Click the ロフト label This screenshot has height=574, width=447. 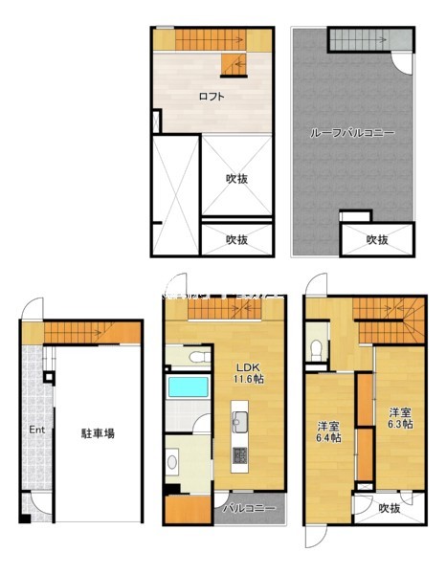(212, 96)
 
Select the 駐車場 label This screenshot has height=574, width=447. (98, 433)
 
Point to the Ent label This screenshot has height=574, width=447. (36, 430)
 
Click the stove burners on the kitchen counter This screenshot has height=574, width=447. (240, 454)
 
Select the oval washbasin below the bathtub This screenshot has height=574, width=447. (172, 462)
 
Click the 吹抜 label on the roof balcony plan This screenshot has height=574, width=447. (376, 239)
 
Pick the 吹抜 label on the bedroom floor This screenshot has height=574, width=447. (388, 508)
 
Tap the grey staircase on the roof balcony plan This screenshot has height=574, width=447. (360, 39)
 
